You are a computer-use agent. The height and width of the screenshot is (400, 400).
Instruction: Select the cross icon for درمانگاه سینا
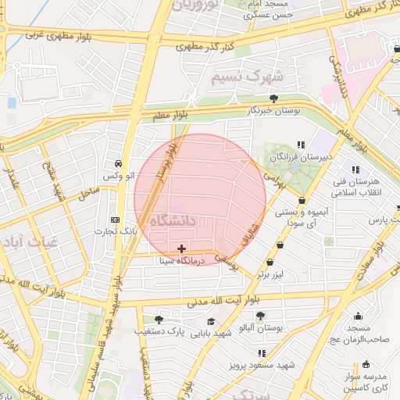(x=182, y=248)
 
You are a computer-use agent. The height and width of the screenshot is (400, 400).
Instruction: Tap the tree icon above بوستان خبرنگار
(x=273, y=98)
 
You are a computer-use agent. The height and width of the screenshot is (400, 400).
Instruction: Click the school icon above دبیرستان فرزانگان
(x=302, y=145)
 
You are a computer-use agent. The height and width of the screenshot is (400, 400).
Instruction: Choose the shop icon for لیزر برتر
(x=270, y=262)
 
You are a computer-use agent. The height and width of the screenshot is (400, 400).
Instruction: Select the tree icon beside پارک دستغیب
(x=159, y=319)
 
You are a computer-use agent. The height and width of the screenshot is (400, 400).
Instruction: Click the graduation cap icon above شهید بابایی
(x=210, y=321)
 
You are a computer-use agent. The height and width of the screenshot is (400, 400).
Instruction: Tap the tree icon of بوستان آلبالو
(x=260, y=316)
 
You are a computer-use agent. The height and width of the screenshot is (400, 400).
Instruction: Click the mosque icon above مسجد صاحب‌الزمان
(x=358, y=316)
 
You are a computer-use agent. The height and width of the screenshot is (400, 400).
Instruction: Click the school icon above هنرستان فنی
(x=357, y=170)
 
